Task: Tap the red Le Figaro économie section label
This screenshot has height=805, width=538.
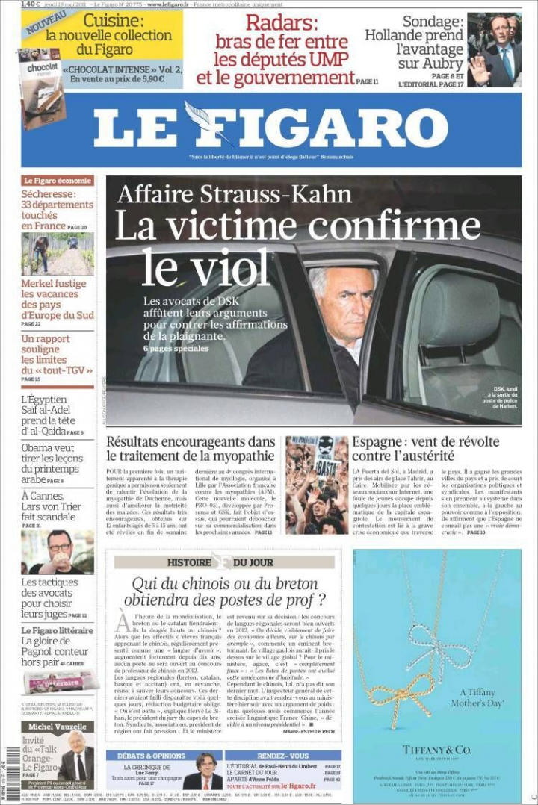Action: point(58,181)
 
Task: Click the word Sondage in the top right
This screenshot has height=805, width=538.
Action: point(433,22)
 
